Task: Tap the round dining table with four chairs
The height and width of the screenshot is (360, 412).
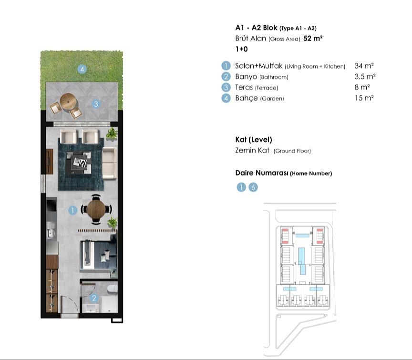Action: (96, 209)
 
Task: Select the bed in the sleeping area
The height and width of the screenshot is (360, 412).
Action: (99, 255)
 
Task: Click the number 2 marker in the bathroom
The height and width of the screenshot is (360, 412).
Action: (94, 298)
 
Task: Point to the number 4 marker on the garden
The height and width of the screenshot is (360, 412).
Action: (82, 69)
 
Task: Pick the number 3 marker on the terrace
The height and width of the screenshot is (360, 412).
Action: (96, 104)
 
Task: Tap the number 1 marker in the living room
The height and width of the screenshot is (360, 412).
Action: (72, 210)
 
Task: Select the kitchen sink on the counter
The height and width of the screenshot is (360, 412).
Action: (51, 233)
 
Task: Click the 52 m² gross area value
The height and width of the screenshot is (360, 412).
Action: (313, 38)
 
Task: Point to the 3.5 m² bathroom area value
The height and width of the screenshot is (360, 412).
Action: (365, 76)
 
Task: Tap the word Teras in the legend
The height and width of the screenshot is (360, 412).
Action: (244, 87)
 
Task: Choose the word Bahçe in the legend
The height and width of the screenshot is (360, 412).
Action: (247, 98)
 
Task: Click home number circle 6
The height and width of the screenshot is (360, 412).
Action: (253, 187)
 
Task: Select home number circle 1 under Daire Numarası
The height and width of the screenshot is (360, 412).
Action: (241, 187)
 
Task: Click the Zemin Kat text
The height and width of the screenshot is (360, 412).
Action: (252, 150)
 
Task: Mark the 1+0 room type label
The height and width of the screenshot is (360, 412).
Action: (241, 49)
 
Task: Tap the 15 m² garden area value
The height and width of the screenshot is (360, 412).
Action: (364, 98)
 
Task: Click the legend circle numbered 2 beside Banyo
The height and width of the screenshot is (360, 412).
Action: (226, 76)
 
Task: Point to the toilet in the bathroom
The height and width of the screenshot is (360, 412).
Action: (113, 288)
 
